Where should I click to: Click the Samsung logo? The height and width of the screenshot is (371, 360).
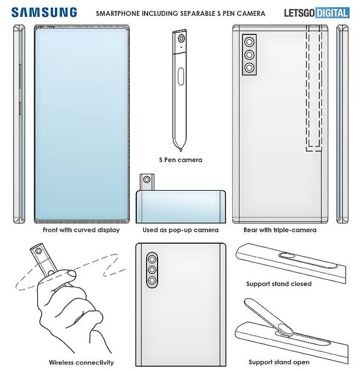coord(44,13)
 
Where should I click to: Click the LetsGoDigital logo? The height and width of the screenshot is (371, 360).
coord(317,13)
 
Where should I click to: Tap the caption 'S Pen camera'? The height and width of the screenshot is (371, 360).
coord(181,160)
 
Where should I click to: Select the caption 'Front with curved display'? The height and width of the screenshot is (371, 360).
coord(81,230)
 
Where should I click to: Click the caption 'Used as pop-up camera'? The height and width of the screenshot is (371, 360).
coord(181,230)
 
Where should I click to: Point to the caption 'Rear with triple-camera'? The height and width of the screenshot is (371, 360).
coord(280,230)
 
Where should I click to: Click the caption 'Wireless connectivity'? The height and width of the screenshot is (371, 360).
coord(81,362)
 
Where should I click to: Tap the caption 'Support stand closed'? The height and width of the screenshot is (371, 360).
coord(279,284)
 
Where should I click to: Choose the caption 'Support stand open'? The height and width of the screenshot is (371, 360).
coord(279,362)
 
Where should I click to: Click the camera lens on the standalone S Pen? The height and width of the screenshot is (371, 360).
coord(182,38)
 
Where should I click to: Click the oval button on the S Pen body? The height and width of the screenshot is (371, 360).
coord(181,76)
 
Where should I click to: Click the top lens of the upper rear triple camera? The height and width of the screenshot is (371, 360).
coord(249,43)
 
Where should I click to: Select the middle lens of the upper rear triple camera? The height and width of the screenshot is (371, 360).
coord(249,55)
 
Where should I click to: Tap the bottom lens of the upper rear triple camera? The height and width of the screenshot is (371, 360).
coord(249,68)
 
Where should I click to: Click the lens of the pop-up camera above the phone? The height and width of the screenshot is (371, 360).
coord(147,180)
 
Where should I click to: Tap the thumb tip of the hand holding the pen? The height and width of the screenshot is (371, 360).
coord(71,274)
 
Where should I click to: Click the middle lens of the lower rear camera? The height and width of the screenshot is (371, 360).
coord(152,270)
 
